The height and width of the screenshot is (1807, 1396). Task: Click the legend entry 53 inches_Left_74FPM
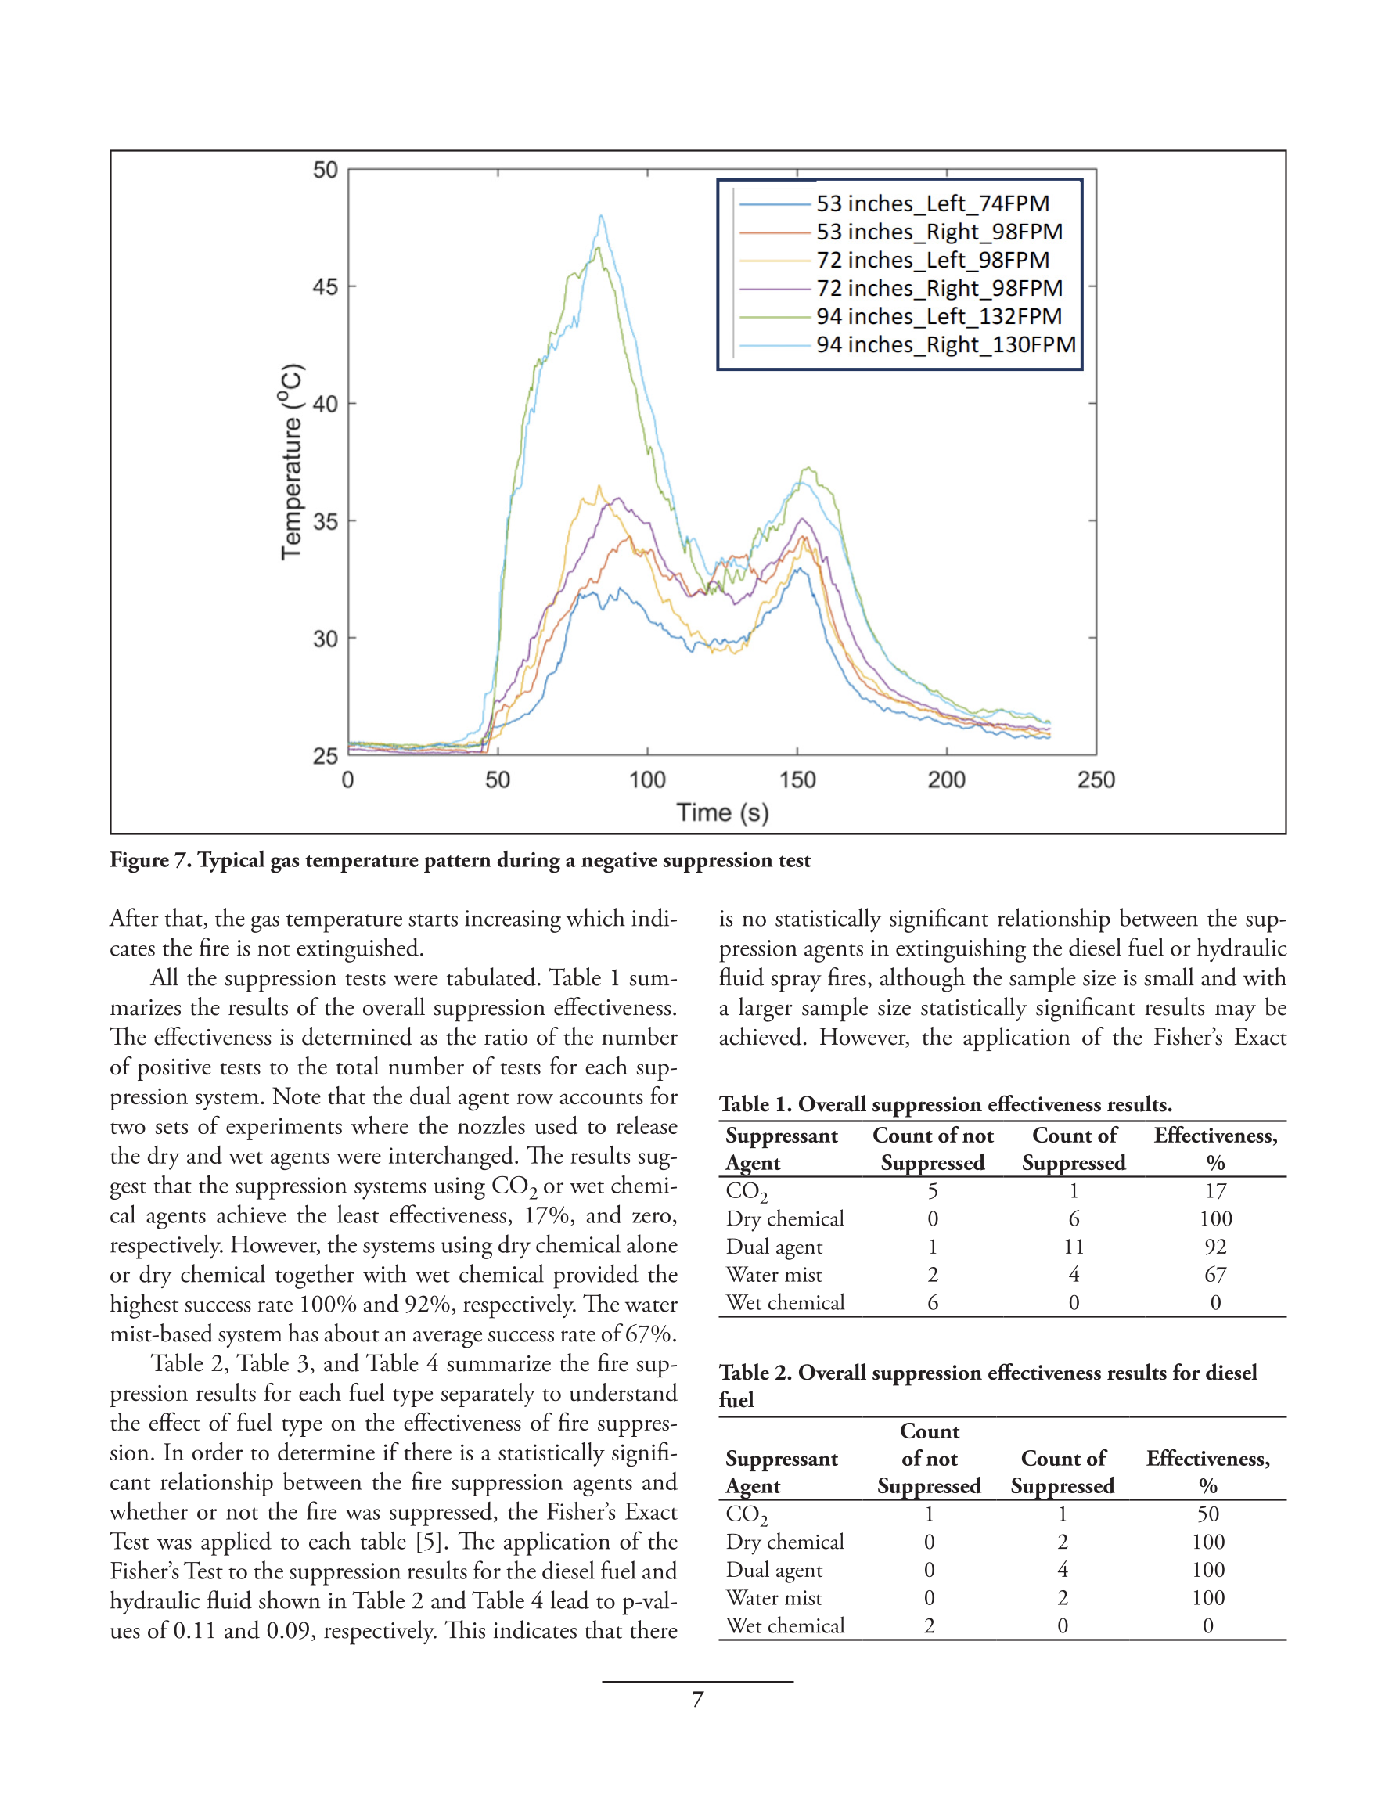[932, 203]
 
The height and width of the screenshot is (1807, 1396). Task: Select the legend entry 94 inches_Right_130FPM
[945, 344]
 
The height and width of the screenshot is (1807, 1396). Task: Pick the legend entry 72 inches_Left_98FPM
[932, 260]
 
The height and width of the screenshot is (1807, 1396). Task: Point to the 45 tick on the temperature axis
[326, 287]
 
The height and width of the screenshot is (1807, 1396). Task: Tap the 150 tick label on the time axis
[797, 779]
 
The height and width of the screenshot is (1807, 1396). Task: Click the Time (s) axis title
[722, 812]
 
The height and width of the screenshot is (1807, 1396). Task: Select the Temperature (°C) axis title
[291, 462]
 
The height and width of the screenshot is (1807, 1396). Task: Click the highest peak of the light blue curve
[602, 216]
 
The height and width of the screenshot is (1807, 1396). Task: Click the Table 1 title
[945, 1104]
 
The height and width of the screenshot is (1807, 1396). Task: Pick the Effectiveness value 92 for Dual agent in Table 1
[1214, 1247]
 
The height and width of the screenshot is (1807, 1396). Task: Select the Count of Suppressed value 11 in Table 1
[1074, 1247]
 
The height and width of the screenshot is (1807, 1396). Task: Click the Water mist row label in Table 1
[774, 1275]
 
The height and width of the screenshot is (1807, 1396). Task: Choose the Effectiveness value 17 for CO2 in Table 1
[1214, 1191]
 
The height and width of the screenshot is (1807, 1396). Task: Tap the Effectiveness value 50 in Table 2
[1207, 1514]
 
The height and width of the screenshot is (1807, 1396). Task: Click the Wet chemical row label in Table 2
[785, 1625]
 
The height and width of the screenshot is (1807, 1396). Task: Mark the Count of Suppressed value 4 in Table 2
[1063, 1571]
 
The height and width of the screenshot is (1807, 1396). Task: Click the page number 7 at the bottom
[697, 1700]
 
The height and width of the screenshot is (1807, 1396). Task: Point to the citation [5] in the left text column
[427, 1542]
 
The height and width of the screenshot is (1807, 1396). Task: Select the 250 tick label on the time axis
[1096, 779]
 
